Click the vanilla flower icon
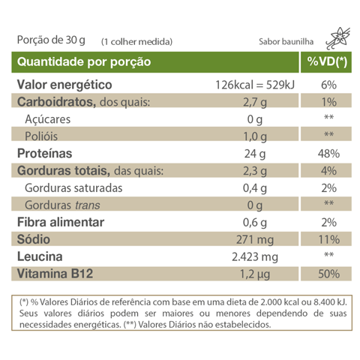pos(338,38)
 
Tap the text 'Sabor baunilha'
pos(286,41)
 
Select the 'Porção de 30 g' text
pos(51,40)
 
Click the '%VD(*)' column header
pos(327,61)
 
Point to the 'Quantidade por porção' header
pos(84,62)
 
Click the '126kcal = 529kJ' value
pos(255,85)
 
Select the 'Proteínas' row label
pos(44,153)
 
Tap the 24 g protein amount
pos(255,154)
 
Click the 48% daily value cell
pos(328,154)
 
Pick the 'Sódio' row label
pos(34,239)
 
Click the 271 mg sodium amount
pos(255,240)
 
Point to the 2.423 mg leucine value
pos(255,257)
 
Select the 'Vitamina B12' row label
pos(55,274)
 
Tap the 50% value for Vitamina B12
pos(328,274)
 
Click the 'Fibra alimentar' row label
pos(61,222)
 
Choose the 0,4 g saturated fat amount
pos(255,188)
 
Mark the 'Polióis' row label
pos(41,136)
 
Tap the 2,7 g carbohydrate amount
pos(255,103)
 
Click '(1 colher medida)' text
pos(136,42)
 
